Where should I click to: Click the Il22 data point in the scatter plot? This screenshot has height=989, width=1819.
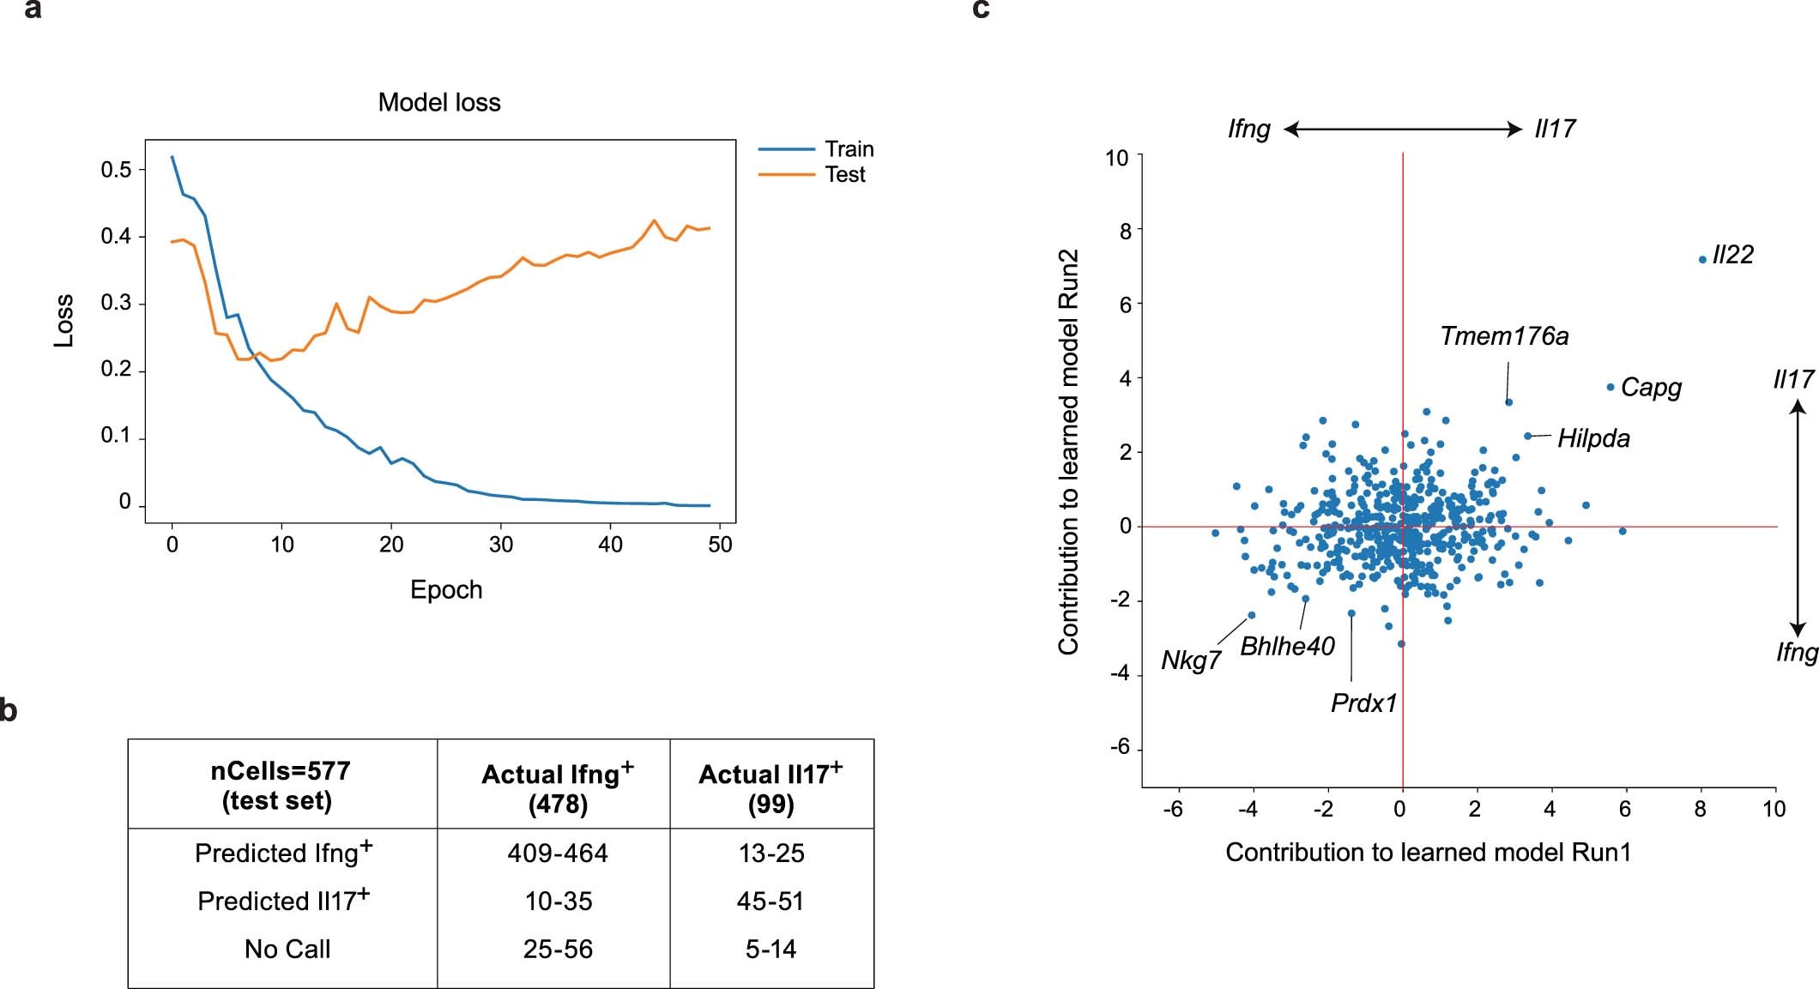point(1702,259)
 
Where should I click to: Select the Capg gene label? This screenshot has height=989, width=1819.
point(1651,388)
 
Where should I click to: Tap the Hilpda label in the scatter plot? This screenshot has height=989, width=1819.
point(1593,438)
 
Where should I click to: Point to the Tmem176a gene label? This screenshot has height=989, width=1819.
point(1504,336)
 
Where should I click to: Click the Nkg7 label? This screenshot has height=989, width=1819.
point(1191,660)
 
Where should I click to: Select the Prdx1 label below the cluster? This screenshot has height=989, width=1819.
point(1363,703)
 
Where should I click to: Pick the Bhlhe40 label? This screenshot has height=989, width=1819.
point(1287,646)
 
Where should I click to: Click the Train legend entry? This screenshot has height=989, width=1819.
point(849,149)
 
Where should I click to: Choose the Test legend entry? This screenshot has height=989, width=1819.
point(844,175)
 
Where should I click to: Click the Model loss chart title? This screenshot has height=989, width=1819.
point(439,103)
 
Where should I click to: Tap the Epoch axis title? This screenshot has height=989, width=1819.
point(446,590)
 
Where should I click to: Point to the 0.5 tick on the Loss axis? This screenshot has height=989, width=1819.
point(117,170)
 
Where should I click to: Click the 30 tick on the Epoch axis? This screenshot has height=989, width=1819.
point(501,545)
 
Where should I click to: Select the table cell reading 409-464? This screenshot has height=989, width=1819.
point(558,853)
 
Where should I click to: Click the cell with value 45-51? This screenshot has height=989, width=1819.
point(771,902)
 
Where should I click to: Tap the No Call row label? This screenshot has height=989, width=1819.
point(287,950)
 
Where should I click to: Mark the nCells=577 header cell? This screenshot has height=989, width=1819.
point(281,785)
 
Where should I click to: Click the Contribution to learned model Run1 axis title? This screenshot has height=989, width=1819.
point(1428,853)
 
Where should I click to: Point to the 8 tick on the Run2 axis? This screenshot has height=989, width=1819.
point(1125,231)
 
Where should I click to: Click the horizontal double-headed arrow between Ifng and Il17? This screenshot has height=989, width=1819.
point(1403,130)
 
